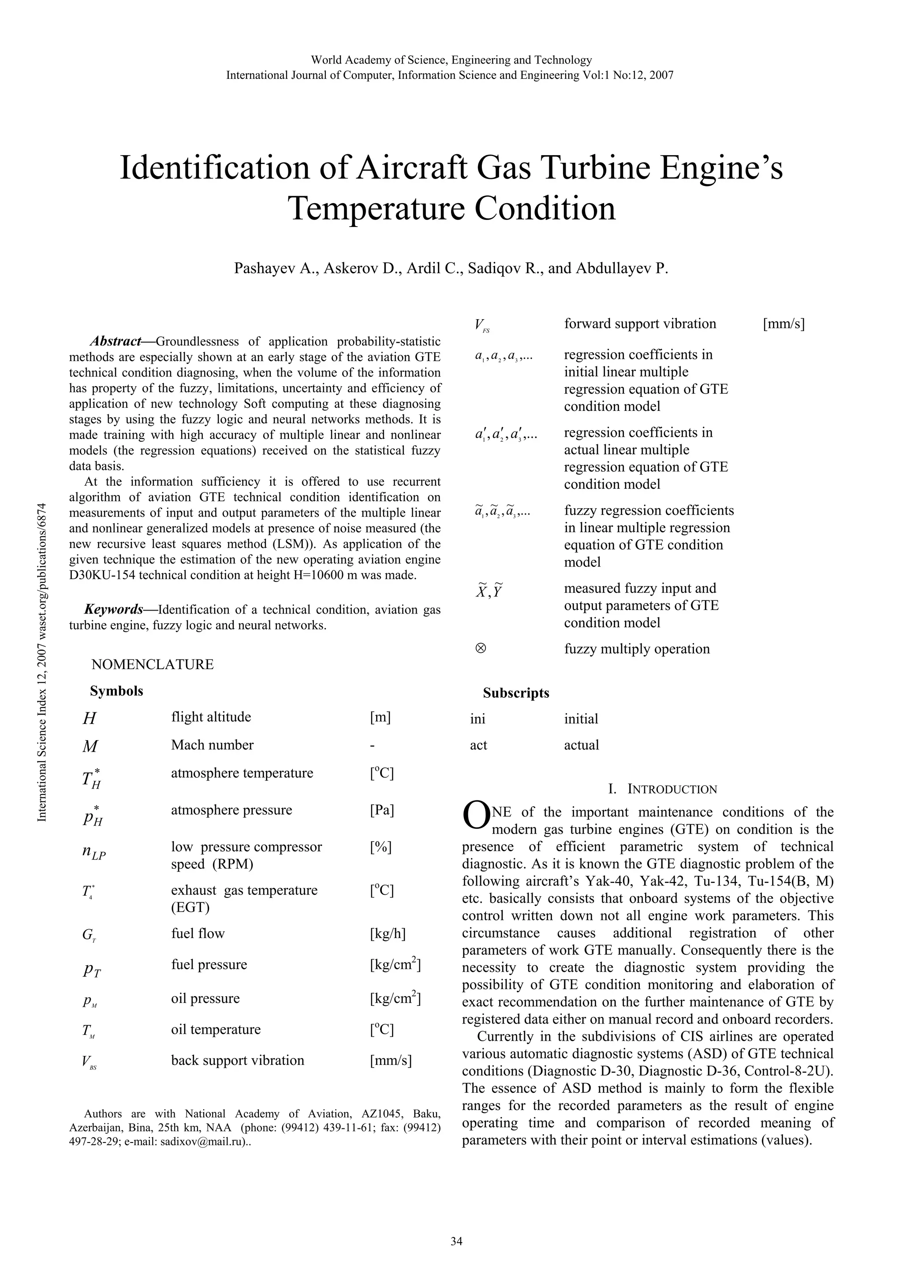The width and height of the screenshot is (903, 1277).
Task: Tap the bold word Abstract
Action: point(115,341)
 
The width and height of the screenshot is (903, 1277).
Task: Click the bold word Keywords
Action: point(113,610)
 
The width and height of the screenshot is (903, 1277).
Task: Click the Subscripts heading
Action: point(516,693)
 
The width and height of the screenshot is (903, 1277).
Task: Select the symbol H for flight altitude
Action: point(89,719)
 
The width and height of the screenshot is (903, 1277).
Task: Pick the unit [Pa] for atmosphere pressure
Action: point(382,810)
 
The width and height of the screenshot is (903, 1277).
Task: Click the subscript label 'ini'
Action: point(478,719)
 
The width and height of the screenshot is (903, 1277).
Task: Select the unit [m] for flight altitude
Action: point(380,718)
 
